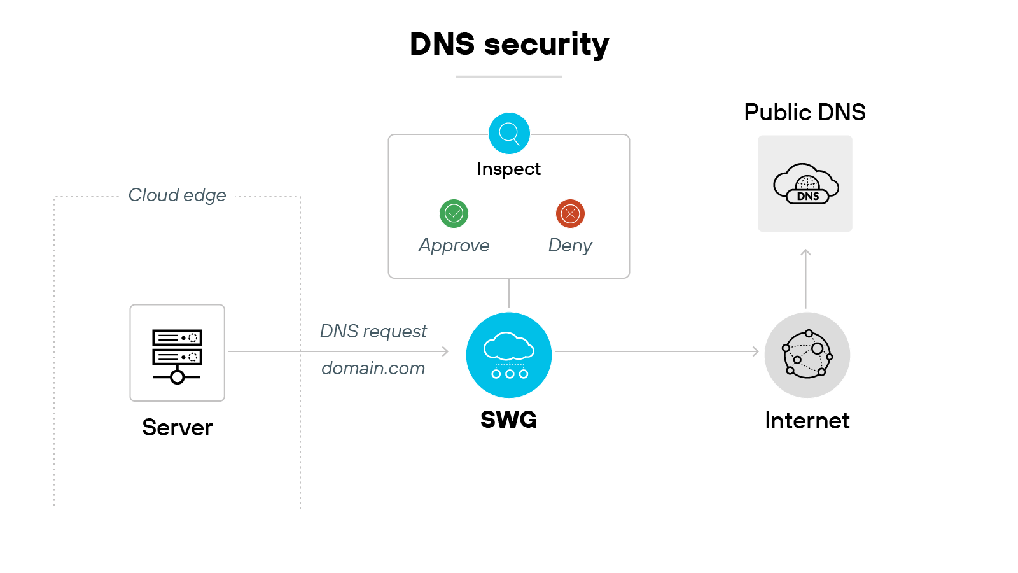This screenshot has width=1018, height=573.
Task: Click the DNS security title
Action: pos(509,45)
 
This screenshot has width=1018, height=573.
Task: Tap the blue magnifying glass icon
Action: pos(509,133)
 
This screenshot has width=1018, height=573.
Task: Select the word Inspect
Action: pos(508,169)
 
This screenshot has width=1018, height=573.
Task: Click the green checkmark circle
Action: pos(454,213)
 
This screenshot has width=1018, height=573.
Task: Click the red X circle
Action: pos(570,213)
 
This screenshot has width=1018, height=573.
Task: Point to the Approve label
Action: pos(454,245)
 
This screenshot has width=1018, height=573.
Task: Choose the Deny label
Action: pos(570,245)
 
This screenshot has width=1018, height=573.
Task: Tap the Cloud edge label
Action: pos(177,195)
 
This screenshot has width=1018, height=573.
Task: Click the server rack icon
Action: pos(177,353)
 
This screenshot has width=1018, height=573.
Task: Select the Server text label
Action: pos(177,427)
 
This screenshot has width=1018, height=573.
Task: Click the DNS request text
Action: pos(373,331)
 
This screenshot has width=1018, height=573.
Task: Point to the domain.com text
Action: pos(373,368)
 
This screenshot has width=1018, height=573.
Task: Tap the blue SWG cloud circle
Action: pos(509,355)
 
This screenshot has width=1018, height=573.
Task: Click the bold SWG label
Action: pos(508,420)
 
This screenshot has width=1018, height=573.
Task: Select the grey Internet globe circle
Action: pos(807,355)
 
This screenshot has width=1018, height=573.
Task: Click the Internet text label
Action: pos(807,421)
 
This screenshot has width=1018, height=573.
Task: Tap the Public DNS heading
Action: pos(805,112)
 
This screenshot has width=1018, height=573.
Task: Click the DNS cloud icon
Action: pos(805,183)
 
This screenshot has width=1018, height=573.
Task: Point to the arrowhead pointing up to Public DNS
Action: pos(805,252)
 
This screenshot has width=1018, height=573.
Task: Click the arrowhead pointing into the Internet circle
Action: pos(756,351)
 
